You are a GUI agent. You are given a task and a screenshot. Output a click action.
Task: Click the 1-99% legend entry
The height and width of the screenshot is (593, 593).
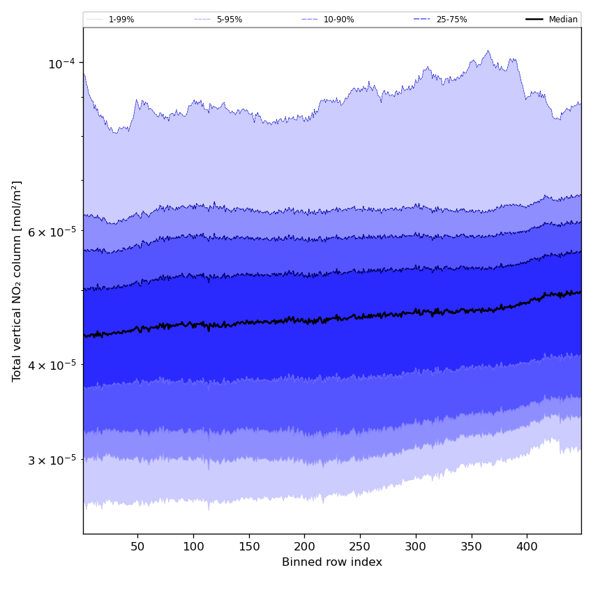[x=121, y=20]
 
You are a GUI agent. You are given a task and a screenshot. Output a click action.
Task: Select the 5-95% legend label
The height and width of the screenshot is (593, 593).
[x=229, y=20]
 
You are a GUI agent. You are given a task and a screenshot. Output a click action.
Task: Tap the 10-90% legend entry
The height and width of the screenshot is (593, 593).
[x=338, y=20]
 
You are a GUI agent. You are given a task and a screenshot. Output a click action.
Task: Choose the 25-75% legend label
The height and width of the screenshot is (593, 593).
[x=451, y=20]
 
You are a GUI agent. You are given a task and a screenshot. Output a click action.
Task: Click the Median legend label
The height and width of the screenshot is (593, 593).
[x=563, y=20]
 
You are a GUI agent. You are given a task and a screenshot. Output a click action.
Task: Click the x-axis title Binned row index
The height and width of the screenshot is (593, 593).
[x=332, y=562]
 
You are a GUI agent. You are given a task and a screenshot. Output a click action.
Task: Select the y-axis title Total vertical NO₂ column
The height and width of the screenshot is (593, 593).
[x=17, y=281]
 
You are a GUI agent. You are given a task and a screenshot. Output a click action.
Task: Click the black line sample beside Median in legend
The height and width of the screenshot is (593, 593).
[x=534, y=20]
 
